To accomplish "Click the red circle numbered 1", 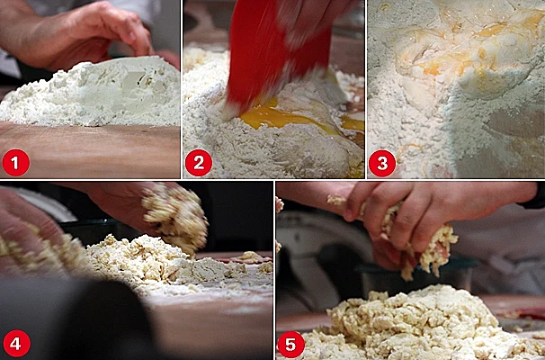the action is pos(15,162).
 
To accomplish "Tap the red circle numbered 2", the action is pos(199,162).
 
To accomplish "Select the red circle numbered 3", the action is pos(382,163).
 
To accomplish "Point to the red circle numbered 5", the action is pos(291,345).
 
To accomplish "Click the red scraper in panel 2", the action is pos(274,56).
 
